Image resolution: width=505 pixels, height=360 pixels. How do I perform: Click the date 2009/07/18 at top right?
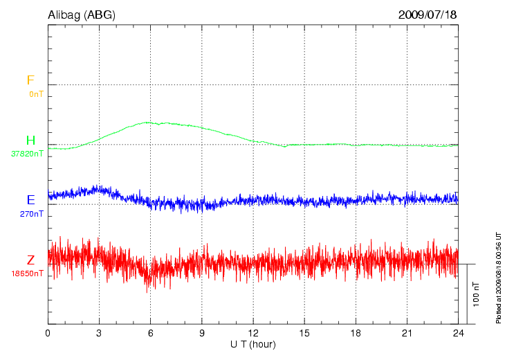pyautogui.click(x=428, y=15)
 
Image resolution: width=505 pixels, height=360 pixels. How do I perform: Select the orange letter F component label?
pyautogui.click(x=30, y=80)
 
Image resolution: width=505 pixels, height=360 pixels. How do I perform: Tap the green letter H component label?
pyautogui.click(x=30, y=141)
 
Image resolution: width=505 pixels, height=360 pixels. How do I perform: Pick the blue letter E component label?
pyautogui.click(x=30, y=200)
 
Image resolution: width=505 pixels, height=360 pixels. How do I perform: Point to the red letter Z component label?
pyautogui.click(x=30, y=260)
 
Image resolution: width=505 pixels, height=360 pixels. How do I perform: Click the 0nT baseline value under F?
pyautogui.click(x=36, y=93)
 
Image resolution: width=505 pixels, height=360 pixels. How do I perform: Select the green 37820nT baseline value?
pyautogui.click(x=27, y=154)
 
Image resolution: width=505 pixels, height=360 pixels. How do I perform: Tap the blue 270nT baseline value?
pyautogui.click(x=32, y=214)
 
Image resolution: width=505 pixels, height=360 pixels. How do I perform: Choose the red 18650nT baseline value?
pyautogui.click(x=27, y=273)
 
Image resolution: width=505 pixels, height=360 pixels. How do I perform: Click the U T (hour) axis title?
pyautogui.click(x=253, y=344)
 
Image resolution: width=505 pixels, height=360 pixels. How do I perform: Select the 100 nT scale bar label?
pyautogui.click(x=475, y=294)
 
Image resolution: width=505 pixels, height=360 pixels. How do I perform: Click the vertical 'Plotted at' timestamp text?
pyautogui.click(x=499, y=277)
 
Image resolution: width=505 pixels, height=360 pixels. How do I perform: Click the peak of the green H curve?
pyautogui.click(x=147, y=122)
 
